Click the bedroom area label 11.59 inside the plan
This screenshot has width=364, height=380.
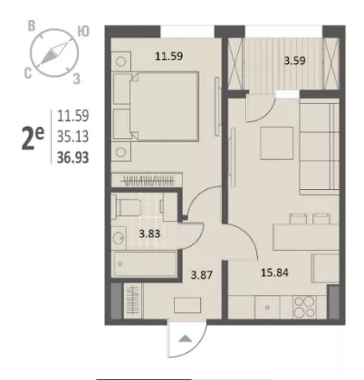[168, 56]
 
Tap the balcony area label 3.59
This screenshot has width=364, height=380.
[295, 61]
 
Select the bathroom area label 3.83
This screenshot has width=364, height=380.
[149, 233]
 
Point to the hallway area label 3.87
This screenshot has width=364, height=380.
[202, 275]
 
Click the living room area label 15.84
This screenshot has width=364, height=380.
[274, 272]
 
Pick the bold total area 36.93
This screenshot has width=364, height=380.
[73, 157]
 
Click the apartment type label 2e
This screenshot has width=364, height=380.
[33, 138]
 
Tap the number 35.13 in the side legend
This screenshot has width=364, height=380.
[73, 137]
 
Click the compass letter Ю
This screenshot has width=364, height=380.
[83, 32]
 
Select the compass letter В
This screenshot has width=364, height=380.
[32, 26]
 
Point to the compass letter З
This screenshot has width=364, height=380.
[77, 79]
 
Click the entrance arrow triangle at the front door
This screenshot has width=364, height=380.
[185, 338]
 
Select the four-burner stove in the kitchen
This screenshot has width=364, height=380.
[304, 307]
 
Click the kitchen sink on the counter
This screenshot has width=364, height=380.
[267, 307]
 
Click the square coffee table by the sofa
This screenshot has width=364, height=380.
[277, 143]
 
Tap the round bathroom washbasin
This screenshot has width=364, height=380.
[119, 238]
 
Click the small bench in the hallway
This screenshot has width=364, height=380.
[187, 305]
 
